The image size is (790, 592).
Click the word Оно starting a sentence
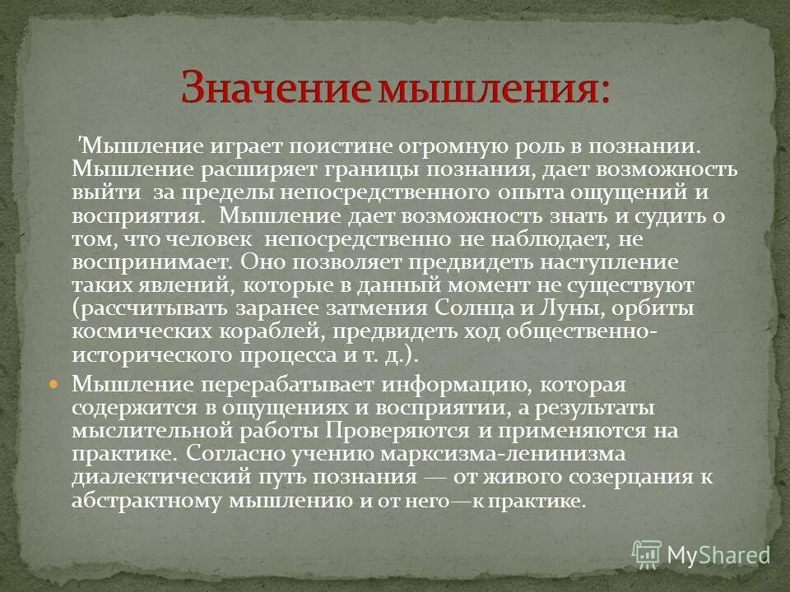pos(265,262)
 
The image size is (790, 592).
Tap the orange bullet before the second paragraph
pos(53,385)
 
